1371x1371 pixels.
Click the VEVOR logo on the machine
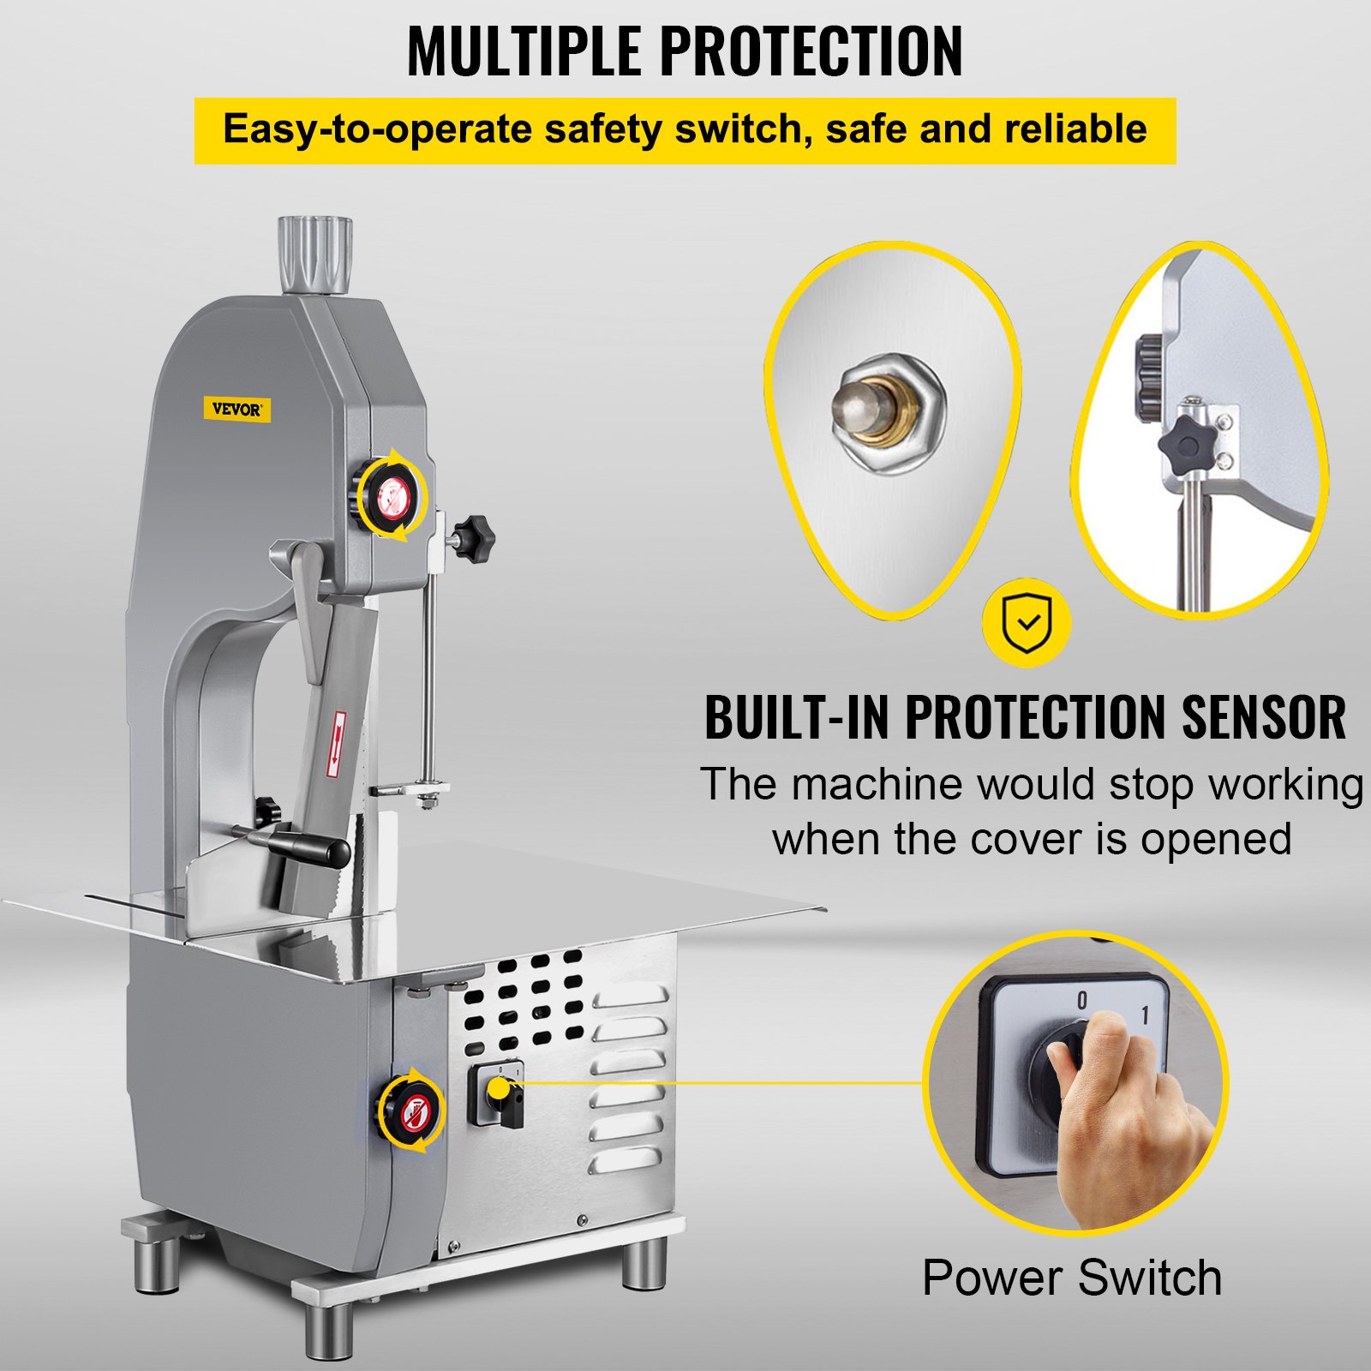coord(236,410)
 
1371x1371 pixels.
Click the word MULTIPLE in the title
coord(524,51)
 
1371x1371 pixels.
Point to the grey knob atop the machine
coord(314,254)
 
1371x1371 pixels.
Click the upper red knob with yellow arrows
coord(392,494)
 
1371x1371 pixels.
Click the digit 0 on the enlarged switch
coord(1081,1000)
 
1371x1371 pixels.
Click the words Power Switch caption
coord(1071,1278)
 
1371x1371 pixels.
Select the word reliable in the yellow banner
coord(1075,129)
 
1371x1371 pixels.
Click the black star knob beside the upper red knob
coord(473,537)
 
